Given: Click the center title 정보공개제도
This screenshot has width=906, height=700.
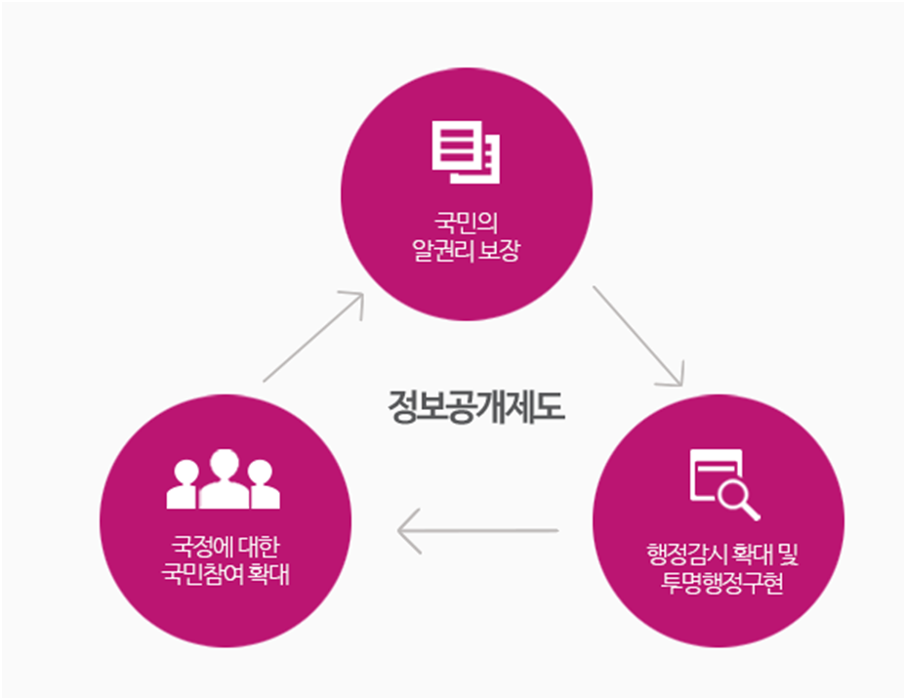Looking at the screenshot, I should [x=475, y=404].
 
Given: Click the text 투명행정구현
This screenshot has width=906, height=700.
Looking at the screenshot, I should [x=718, y=587].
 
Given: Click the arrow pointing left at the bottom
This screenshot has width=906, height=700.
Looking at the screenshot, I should [x=477, y=531].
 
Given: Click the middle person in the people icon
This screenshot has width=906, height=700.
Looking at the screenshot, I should [x=225, y=477].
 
